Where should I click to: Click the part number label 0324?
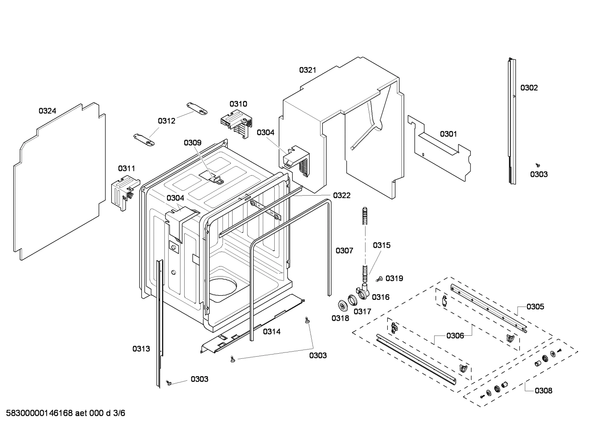point(47,111)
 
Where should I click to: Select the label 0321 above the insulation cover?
point(307,70)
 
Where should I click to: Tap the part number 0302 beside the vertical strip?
point(528,88)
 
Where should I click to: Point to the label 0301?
point(448,134)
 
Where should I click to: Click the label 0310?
point(238,104)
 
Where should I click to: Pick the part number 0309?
point(192,143)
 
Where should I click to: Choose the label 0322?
point(341,195)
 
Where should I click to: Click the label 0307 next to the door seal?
point(344,251)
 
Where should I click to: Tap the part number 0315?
point(381,245)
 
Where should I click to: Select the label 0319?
point(394,278)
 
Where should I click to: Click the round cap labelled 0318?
point(343,305)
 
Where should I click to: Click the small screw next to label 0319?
point(379,279)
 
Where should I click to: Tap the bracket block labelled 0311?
point(123,191)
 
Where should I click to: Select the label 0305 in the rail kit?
point(535,307)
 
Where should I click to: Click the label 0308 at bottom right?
point(543,391)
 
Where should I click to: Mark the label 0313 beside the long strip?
point(141,349)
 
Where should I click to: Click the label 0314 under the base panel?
point(271,332)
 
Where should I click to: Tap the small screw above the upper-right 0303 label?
point(538,166)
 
